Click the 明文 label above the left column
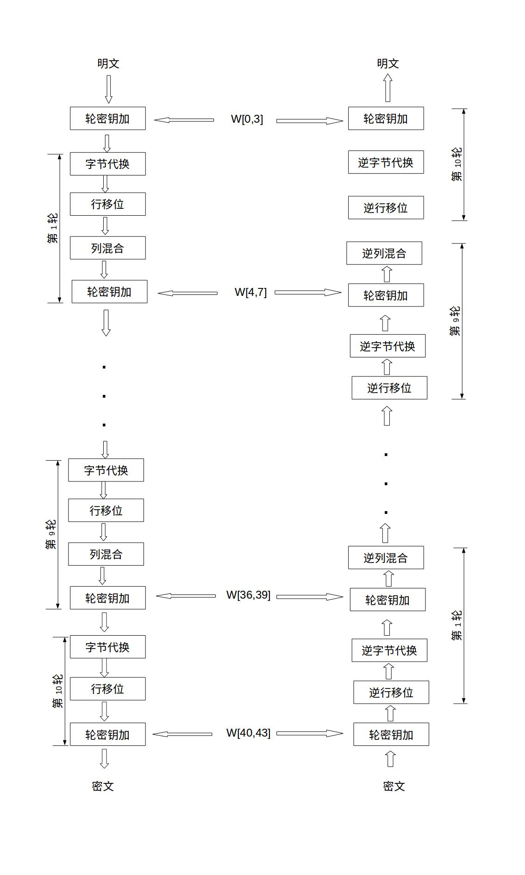[x=108, y=63]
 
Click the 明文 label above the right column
[x=388, y=63]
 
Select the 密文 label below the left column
[x=103, y=786]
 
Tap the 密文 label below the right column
[x=394, y=786]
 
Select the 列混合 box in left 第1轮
[x=108, y=248]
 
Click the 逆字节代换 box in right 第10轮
[x=386, y=162]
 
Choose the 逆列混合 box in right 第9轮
[x=384, y=253]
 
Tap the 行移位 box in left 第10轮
[x=108, y=688]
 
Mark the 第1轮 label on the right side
[x=457, y=625]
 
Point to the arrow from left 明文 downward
[x=108, y=89]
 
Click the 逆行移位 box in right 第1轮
[x=391, y=692]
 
